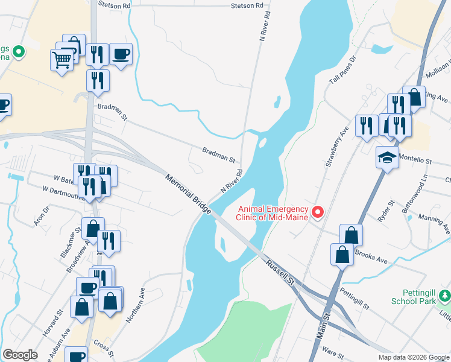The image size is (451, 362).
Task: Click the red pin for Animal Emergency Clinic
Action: coord(317,212)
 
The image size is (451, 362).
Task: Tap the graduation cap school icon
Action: coord(387,158)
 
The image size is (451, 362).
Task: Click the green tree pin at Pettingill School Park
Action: coord(445,296)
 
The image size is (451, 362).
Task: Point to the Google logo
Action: coord(20,355)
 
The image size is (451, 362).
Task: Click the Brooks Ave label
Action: coord(370,256)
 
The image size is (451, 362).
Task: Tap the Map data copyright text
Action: coord(413,357)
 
